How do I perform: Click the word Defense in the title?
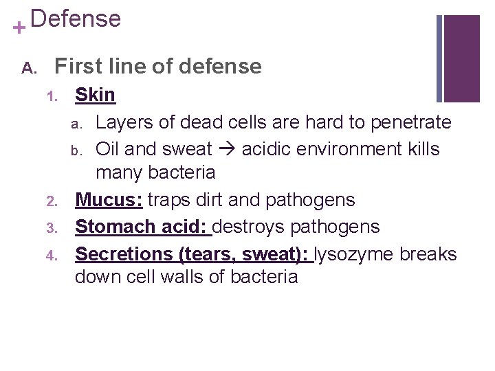pyautogui.click(x=76, y=19)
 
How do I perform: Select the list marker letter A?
pyautogui.click(x=27, y=67)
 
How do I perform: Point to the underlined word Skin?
pyautogui.click(x=95, y=95)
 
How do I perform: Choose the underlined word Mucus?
pyautogui.click(x=109, y=200)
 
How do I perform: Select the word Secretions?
pyautogui.click(x=124, y=254)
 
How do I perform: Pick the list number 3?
pyautogui.click(x=50, y=227)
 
